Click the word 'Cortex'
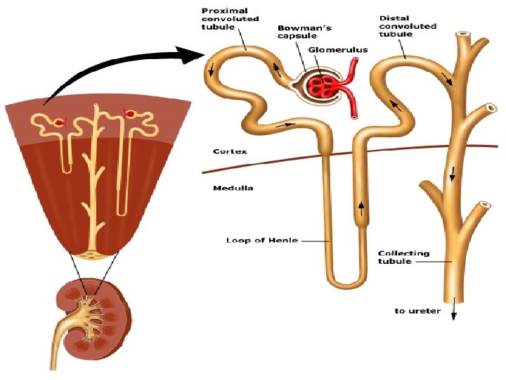point(230,151)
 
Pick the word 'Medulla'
point(233,189)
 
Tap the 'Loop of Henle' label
point(261,241)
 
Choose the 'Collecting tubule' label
point(403,258)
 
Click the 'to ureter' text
point(417,310)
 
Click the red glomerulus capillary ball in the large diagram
point(325,86)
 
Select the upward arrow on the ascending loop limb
point(362,208)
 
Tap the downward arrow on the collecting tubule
point(452,173)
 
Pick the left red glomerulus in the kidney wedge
point(60,122)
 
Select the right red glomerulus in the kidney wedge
point(129,113)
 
